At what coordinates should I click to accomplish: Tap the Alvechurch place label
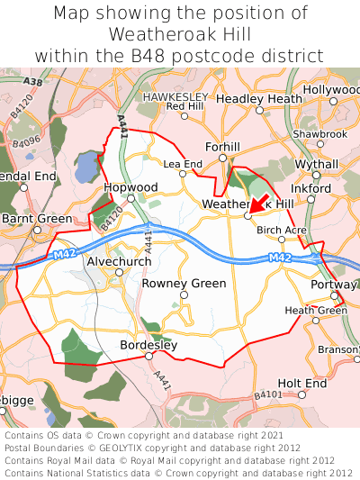tap(119, 261)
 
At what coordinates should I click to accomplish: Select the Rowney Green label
tap(184, 283)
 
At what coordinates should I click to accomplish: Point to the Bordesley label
tap(148, 345)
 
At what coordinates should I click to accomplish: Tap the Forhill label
tap(223, 146)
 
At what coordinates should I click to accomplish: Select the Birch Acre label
tap(282, 231)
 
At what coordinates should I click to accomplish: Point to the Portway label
tap(335, 285)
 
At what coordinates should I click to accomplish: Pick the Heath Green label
tap(315, 311)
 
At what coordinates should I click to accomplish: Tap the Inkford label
tap(311, 188)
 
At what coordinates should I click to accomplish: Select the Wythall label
tap(317, 165)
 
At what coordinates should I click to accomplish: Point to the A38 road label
tap(32, 82)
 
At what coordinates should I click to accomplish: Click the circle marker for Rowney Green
tap(184, 294)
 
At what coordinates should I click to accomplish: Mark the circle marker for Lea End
tap(184, 174)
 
